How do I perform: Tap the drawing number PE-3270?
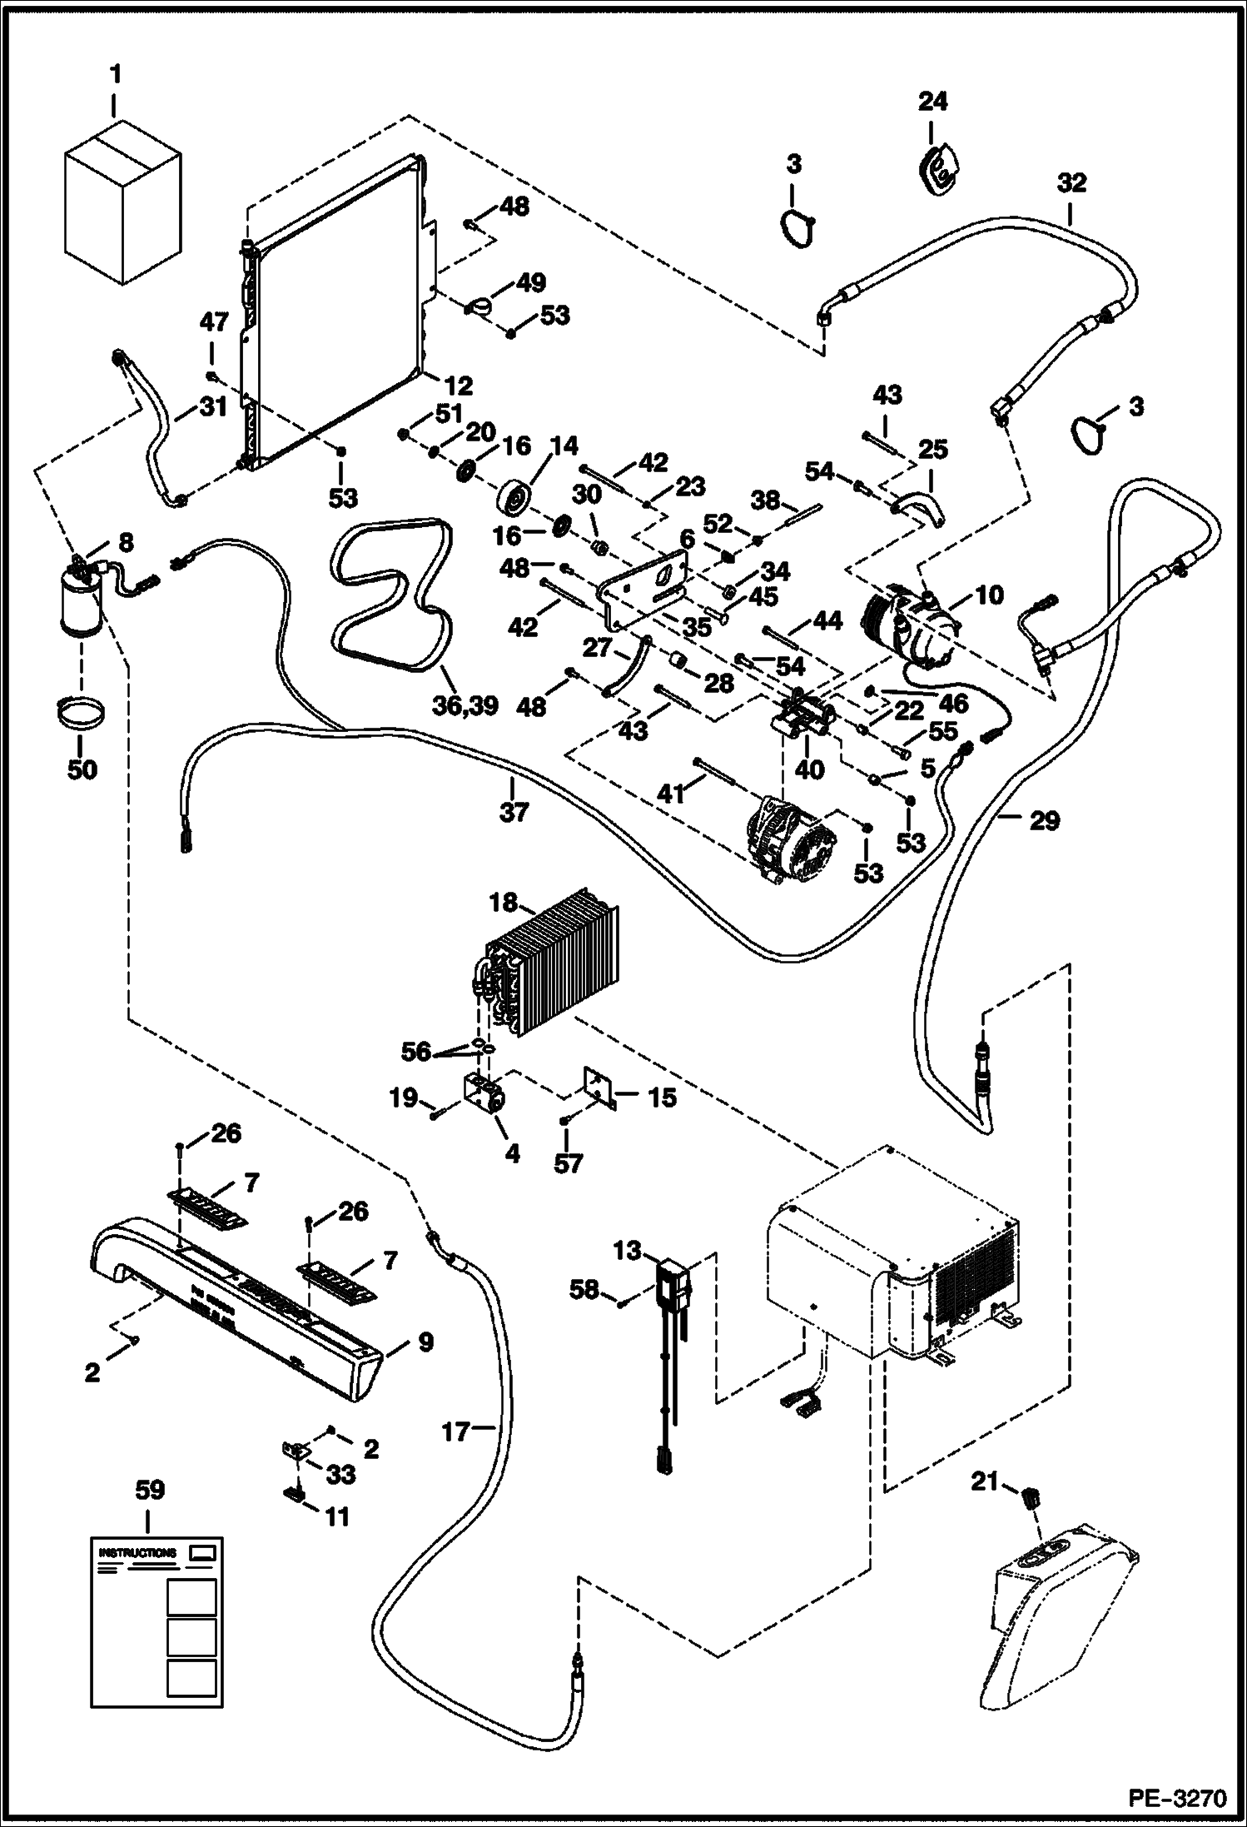pos(1177,1800)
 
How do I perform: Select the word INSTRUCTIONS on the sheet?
pos(137,1553)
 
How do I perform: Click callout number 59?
pos(150,1490)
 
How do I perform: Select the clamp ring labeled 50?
pos(82,716)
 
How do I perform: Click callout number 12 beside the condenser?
pos(459,386)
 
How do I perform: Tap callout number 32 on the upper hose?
pos(1071,182)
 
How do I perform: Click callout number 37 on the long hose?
pos(514,810)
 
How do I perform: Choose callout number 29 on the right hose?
pos(1044,820)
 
